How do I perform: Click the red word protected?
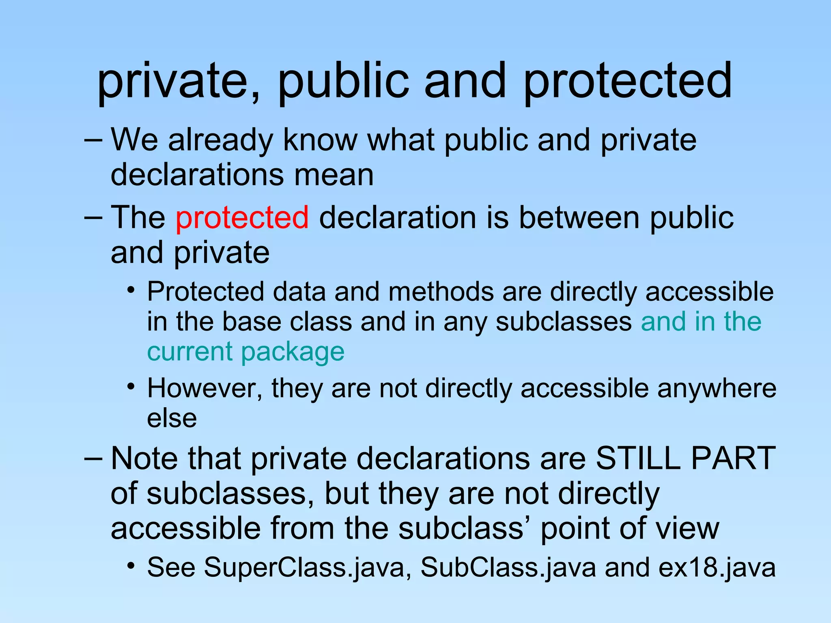tap(242, 218)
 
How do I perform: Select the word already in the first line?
tap(221, 140)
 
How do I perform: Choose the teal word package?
tap(293, 351)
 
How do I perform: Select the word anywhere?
tap(717, 388)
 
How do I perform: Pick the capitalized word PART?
tap(734, 458)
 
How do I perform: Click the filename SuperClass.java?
tap(304, 567)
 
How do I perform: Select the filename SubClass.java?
tap(508, 567)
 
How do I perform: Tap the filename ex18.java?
tap(717, 567)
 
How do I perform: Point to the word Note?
tap(144, 458)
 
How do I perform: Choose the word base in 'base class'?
tap(252, 322)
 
